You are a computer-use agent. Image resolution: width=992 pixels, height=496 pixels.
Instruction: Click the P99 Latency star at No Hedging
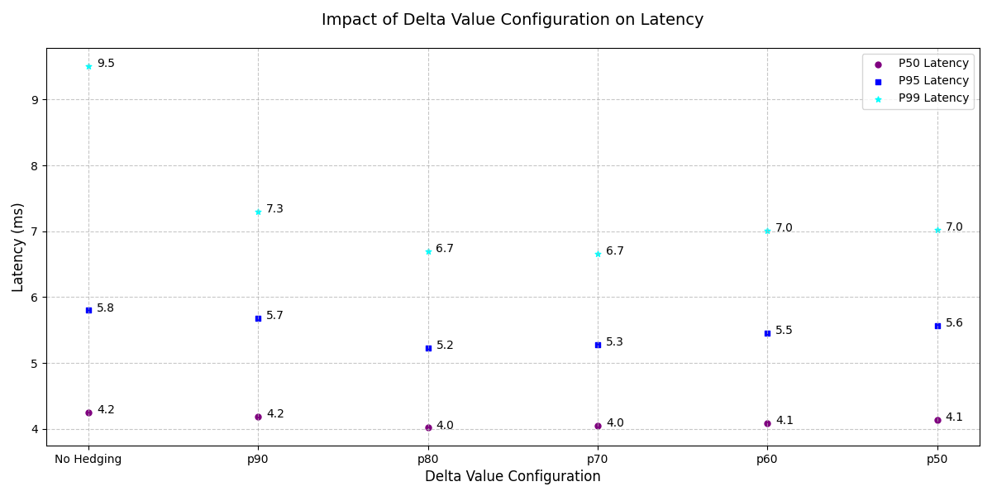point(88,66)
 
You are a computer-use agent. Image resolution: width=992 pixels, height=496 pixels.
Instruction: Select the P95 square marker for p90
point(258,318)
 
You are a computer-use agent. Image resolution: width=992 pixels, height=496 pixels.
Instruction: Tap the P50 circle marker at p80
point(428,427)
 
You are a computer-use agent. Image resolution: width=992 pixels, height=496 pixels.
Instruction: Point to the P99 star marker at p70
point(598,254)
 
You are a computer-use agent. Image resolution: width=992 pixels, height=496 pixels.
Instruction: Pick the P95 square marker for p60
point(767,333)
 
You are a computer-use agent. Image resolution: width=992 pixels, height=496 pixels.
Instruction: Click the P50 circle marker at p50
point(937,420)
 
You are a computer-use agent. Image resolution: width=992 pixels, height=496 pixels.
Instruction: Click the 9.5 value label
point(106,64)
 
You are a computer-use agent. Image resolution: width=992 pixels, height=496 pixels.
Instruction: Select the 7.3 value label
point(274,209)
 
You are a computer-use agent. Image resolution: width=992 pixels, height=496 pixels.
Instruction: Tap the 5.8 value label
point(105,308)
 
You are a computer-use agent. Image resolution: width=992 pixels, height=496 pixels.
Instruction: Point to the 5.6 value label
point(954,323)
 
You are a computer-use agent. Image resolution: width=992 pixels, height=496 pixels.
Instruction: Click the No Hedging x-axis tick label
point(88,460)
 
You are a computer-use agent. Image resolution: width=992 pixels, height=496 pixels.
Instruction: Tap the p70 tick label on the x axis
point(598,460)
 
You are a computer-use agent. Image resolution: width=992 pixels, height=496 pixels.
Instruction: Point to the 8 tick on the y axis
point(36,165)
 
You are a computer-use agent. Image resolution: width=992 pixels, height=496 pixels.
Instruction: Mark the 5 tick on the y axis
point(36,363)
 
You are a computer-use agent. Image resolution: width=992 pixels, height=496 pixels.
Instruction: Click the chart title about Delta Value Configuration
point(513,20)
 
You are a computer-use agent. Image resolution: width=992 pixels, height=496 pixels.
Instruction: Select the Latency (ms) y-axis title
point(18,247)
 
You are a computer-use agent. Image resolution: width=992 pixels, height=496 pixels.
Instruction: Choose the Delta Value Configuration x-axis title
point(513,477)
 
